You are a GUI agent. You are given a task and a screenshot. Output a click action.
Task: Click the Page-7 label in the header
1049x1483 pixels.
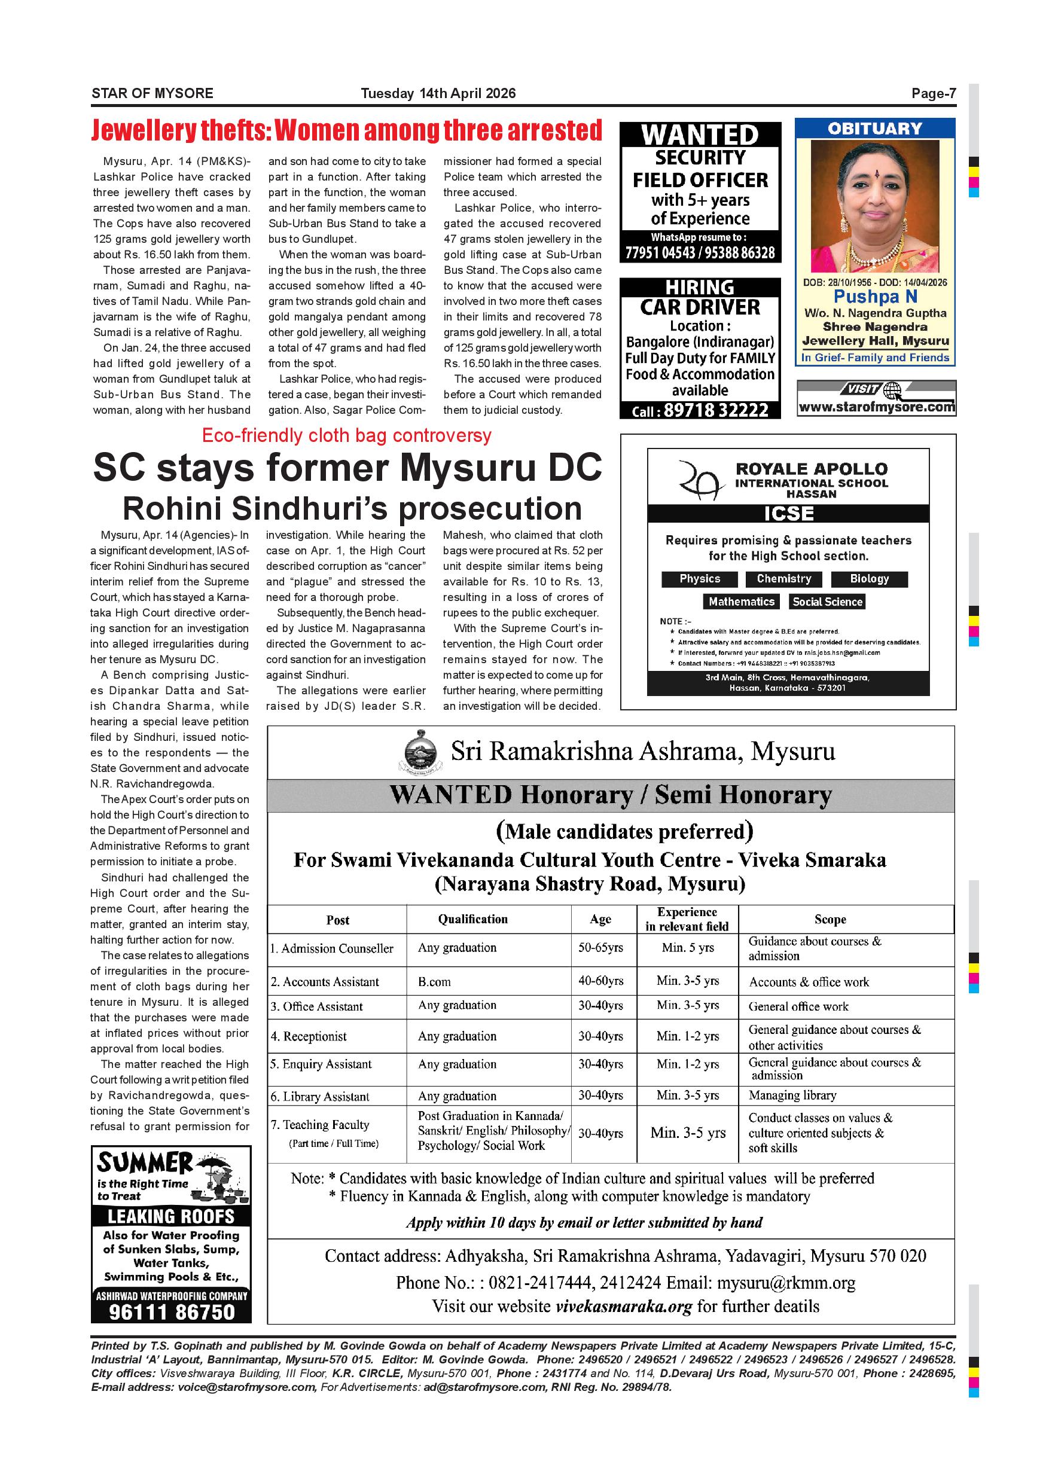click(934, 94)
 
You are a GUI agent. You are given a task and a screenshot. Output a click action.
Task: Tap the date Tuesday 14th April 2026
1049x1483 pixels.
click(438, 94)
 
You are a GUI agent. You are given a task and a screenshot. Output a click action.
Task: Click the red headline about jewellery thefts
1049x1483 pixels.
click(347, 130)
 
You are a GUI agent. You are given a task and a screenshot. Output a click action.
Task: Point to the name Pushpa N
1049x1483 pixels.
click(874, 297)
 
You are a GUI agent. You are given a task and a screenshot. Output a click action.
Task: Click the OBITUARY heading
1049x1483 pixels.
click(874, 129)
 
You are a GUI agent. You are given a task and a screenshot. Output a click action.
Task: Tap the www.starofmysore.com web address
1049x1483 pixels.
click(876, 407)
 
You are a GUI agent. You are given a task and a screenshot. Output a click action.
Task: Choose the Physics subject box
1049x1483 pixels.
click(700, 579)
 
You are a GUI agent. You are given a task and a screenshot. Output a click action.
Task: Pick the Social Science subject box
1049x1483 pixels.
click(828, 602)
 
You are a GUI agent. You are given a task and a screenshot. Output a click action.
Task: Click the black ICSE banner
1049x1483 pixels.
click(788, 514)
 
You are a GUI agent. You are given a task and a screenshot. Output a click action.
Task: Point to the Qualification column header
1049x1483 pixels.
click(473, 919)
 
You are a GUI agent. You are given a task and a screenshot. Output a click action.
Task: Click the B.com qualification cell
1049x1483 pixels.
click(434, 982)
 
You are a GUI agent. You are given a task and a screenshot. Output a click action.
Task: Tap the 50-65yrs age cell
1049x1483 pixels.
click(600, 948)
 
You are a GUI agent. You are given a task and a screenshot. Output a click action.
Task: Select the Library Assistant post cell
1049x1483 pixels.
click(320, 1097)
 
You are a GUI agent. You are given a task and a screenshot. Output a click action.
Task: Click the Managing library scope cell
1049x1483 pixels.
click(792, 1096)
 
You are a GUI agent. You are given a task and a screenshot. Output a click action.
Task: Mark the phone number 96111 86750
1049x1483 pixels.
click(171, 1312)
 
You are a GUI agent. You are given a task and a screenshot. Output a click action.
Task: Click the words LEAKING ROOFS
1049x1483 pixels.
click(171, 1217)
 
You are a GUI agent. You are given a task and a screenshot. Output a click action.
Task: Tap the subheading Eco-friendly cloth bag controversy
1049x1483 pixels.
click(347, 436)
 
